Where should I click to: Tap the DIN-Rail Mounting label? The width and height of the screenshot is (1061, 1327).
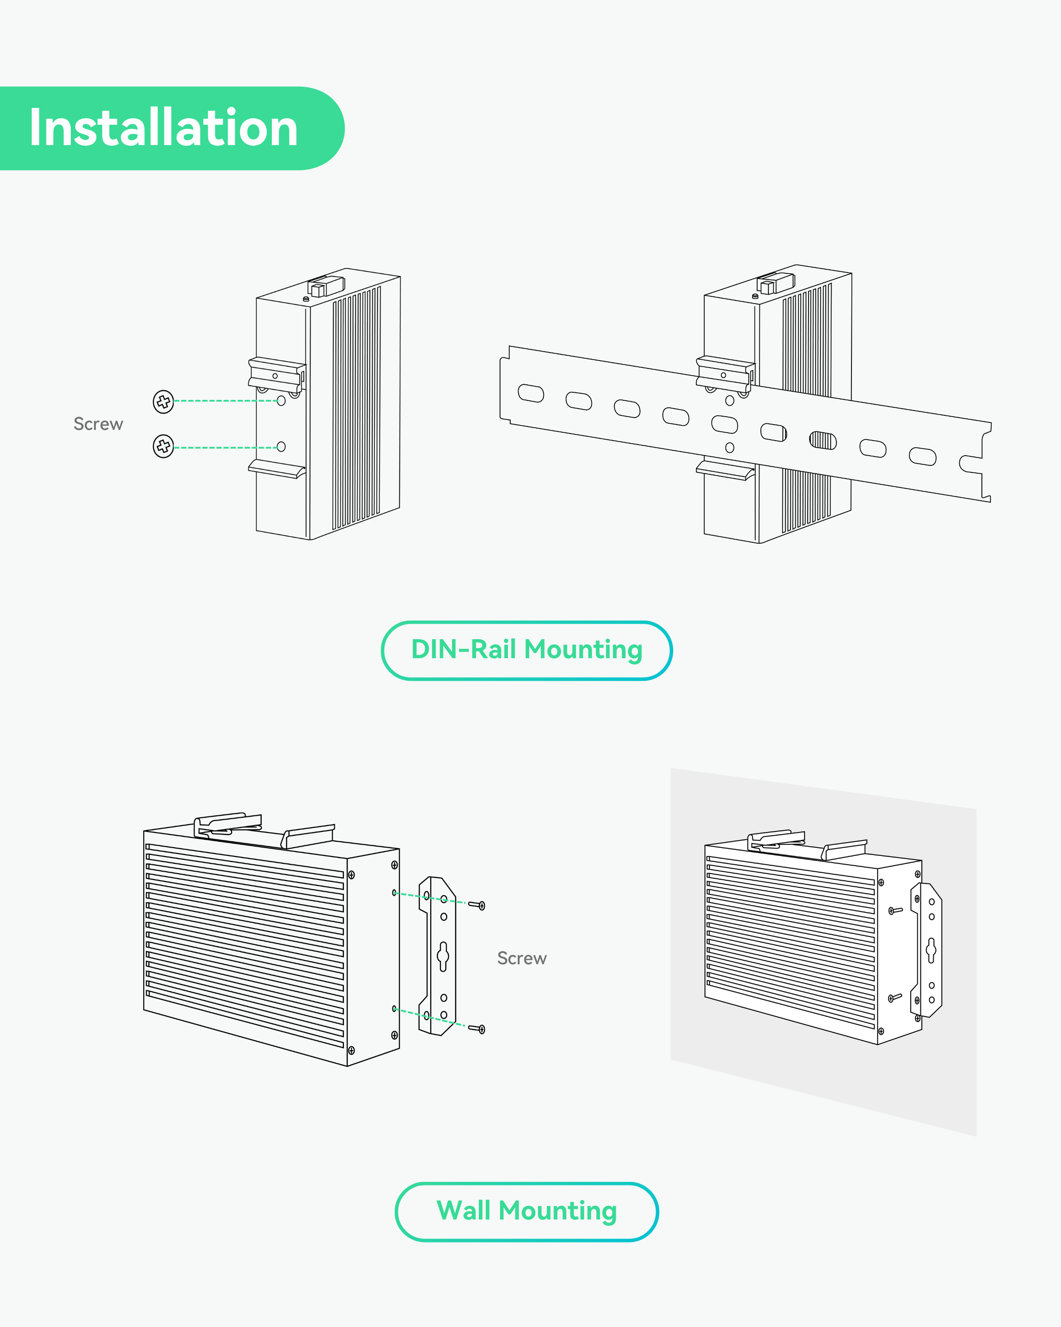click(527, 650)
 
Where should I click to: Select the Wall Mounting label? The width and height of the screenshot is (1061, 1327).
click(527, 1211)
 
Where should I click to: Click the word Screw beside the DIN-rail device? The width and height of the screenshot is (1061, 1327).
click(99, 424)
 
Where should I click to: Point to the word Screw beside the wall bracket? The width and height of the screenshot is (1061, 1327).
click(522, 959)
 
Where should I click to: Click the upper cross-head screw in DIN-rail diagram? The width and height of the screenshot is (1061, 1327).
click(163, 401)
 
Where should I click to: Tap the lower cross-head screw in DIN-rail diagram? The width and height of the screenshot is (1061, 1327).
click(163, 446)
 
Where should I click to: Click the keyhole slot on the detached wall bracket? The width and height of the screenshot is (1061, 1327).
click(443, 956)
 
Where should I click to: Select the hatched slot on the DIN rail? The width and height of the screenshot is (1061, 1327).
click(823, 440)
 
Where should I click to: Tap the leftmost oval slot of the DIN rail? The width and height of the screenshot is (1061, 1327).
click(531, 393)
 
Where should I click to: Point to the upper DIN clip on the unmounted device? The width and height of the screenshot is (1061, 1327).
click(277, 373)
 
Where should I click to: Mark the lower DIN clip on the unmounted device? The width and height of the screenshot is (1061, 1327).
click(277, 468)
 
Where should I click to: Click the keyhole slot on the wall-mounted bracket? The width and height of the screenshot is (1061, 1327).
click(931, 950)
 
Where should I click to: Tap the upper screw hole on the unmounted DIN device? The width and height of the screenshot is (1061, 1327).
click(281, 401)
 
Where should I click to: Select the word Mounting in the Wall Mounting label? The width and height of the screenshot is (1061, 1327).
click(557, 1211)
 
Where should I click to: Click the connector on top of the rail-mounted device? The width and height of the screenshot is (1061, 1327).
click(775, 283)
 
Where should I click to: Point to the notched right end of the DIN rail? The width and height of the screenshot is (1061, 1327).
click(978, 462)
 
